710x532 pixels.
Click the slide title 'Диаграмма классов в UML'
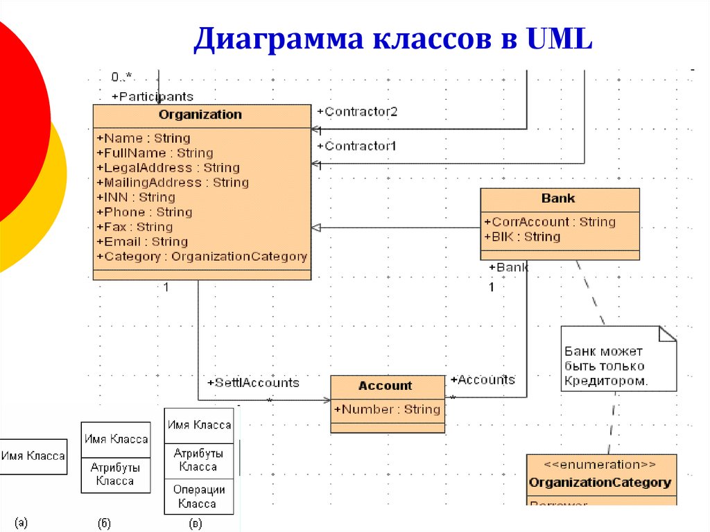[x=393, y=40]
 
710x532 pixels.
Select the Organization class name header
[x=200, y=115]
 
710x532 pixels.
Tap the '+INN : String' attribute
[x=135, y=198]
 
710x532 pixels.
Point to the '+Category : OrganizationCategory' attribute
[x=202, y=257]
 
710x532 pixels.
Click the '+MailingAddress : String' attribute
[x=172, y=182]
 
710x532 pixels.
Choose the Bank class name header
[x=558, y=199]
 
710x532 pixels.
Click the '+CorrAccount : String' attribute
[x=549, y=222]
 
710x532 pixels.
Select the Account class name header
[x=386, y=386]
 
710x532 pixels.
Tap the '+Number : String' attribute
[x=388, y=409]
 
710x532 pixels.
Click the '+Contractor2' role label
[x=357, y=112]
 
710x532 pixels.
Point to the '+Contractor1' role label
[x=357, y=146]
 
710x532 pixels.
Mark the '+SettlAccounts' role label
[x=253, y=383]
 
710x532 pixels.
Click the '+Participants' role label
[x=153, y=96]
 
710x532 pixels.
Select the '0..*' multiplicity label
[x=121, y=76]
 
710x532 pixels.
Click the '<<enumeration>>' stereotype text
[x=600, y=465]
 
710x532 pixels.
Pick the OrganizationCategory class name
[x=600, y=482]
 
